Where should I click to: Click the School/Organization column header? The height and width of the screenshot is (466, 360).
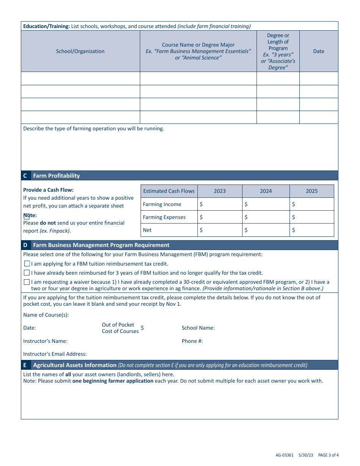click(80, 51)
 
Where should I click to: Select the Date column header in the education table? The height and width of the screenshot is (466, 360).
click(318, 51)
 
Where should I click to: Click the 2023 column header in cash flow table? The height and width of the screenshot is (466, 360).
click(220, 191)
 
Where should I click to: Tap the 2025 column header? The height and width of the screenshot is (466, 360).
click(311, 191)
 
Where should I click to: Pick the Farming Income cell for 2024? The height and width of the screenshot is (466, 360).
click(266, 204)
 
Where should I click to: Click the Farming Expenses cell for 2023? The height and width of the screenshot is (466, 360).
click(220, 217)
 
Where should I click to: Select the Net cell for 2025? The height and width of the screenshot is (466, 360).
click(311, 230)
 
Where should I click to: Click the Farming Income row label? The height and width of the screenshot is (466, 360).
click(162, 204)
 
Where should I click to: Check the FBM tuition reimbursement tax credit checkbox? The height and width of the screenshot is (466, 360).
click(27, 264)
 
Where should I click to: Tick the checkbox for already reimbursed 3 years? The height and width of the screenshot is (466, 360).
click(27, 273)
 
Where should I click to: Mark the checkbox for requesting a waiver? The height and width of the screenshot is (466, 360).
click(27, 282)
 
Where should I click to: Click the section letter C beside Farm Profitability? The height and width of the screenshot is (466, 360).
click(25, 176)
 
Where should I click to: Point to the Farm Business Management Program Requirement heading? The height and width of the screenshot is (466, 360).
click(101, 245)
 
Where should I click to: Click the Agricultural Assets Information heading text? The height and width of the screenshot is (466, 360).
click(75, 365)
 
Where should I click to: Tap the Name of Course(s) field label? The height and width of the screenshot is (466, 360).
click(46, 315)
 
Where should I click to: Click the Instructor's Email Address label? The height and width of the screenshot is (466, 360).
click(55, 354)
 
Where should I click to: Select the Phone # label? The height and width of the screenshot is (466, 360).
click(192, 341)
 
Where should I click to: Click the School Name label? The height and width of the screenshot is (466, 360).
click(198, 328)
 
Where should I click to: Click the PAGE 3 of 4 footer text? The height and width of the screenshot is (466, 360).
click(328, 455)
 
